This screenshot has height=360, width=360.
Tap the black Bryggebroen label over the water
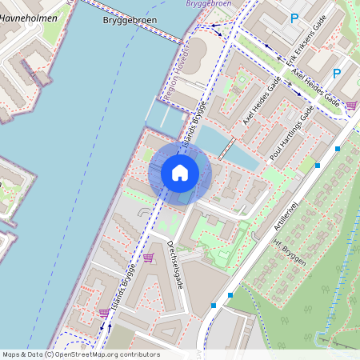[128, 22]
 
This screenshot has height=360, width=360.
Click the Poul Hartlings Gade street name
[290, 136]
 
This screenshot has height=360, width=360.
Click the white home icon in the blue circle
[180, 173]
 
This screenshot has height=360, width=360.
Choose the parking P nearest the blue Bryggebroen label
[294, 18]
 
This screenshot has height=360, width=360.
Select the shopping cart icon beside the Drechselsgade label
[148, 258]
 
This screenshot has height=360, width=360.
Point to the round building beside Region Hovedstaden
[198, 54]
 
